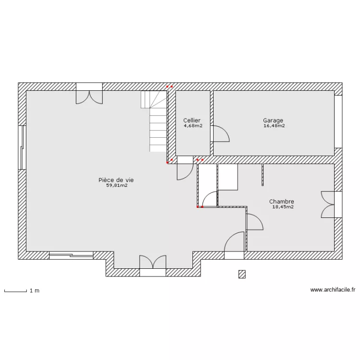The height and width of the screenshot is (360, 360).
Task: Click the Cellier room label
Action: pyautogui.click(x=192, y=120)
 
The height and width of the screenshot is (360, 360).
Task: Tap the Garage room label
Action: pyautogui.click(x=273, y=120)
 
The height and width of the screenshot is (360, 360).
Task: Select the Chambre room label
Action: pyautogui.click(x=281, y=201)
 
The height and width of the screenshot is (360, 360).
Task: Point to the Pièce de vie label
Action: pyautogui.click(x=116, y=180)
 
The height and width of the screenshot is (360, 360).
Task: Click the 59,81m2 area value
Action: pyautogui.click(x=117, y=185)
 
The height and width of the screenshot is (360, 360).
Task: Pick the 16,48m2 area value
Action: pyautogui.click(x=274, y=126)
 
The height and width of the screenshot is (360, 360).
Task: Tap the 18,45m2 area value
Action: pyautogui.click(x=283, y=206)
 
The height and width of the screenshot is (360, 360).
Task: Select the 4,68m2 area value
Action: pyautogui.click(x=193, y=126)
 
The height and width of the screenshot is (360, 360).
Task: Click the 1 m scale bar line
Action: pyautogui.click(x=16, y=291)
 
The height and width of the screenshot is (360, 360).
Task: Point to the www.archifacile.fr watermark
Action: pyautogui.click(x=333, y=290)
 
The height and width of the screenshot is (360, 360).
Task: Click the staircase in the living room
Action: pyautogui.click(x=154, y=121)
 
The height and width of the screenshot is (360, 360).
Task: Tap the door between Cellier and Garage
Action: pyautogui.click(x=220, y=133)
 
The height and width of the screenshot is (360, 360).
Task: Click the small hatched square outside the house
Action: pyautogui.click(x=242, y=274)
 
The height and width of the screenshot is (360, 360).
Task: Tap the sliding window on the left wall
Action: pyautogui.click(x=22, y=148)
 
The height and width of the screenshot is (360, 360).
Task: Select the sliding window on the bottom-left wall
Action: pyautogui.click(x=71, y=255)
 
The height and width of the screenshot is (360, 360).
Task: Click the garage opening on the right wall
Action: pyautogui.click(x=338, y=122)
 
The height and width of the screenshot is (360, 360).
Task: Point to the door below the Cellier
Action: pyautogui.click(x=185, y=168)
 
